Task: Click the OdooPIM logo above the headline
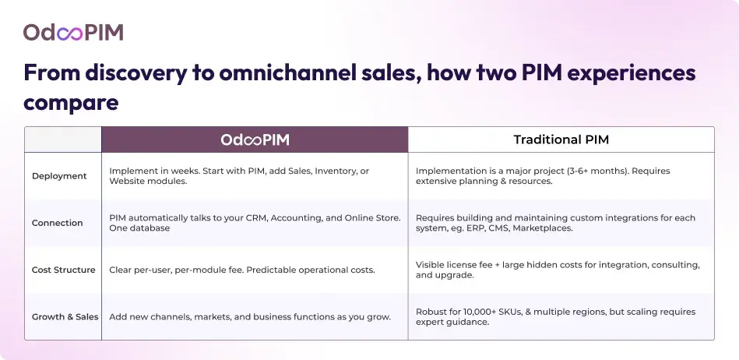pos(73,32)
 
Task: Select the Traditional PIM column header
pos(561,139)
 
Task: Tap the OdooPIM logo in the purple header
pos(255,139)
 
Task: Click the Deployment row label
pos(59,176)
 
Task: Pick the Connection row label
pos(58,223)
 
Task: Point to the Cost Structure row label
pos(64,270)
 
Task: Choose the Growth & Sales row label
pos(65,316)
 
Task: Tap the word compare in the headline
pos(71,102)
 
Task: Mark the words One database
pos(139,228)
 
